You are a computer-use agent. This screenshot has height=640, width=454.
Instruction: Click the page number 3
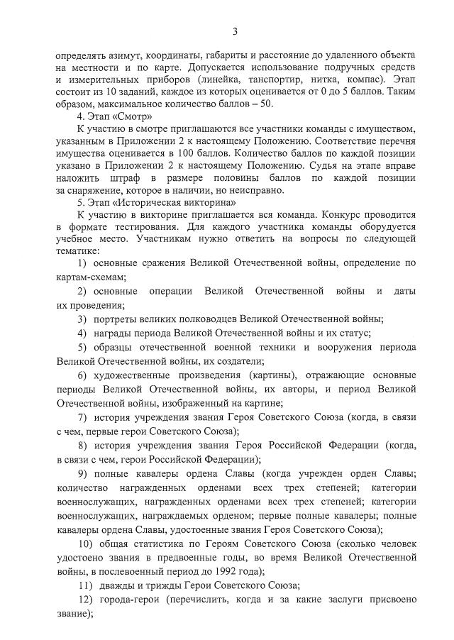coord(234,30)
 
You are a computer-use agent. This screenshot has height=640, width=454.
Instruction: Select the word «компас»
coord(362,79)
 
